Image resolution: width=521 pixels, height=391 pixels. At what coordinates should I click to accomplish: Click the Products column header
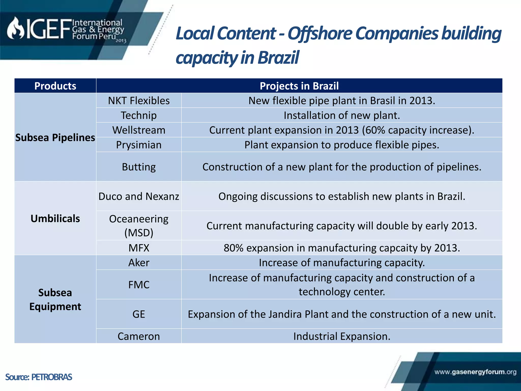(55, 86)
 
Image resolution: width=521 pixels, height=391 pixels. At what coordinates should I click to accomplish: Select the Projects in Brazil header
(299, 86)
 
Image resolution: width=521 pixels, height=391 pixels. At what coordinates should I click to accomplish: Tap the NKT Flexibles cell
(139, 101)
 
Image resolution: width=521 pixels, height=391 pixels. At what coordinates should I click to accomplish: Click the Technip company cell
(139, 116)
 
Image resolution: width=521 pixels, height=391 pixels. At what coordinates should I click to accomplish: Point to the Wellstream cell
(139, 130)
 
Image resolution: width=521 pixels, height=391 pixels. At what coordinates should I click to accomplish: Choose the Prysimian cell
(139, 145)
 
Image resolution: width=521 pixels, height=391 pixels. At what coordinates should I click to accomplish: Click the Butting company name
(139, 167)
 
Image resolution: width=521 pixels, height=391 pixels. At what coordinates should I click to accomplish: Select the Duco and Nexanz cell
(139, 197)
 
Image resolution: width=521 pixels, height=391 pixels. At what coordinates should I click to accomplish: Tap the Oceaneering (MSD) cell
(139, 226)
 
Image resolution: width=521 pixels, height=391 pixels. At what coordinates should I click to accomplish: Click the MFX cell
(139, 248)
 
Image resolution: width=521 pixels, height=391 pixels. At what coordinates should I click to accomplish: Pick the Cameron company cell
(139, 337)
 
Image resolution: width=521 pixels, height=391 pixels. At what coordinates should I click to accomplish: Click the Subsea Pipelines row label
(55, 138)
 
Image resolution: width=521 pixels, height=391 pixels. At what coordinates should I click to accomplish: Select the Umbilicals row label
(55, 219)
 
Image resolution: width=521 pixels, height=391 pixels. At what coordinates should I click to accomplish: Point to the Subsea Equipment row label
(55, 300)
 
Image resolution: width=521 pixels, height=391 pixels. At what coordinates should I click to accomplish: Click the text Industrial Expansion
(342, 337)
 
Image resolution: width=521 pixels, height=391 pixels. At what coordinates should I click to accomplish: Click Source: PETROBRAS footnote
(39, 377)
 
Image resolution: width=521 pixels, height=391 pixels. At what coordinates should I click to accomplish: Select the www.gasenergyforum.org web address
(475, 372)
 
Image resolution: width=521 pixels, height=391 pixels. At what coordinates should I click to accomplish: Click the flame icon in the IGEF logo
(16, 29)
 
